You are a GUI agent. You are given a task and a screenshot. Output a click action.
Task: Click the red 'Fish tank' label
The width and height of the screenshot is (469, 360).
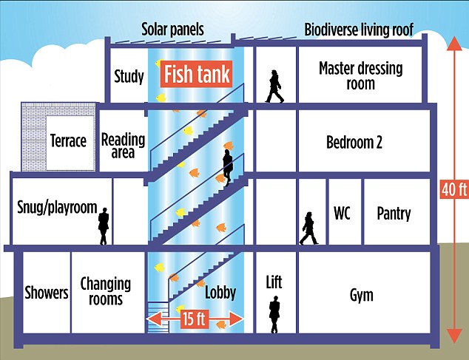[197, 75]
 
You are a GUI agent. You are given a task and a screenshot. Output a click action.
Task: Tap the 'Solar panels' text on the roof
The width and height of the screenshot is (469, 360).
[172, 30]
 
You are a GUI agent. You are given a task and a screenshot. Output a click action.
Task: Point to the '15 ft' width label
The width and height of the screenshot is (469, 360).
[196, 319]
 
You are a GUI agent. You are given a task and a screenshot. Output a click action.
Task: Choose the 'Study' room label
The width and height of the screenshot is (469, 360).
[129, 76]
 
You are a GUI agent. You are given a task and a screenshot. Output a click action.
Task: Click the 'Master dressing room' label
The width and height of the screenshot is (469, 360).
[360, 76]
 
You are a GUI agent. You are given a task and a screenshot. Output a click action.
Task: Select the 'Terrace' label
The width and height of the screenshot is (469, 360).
[68, 141]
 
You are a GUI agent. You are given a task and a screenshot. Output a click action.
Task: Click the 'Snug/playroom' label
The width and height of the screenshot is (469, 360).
[57, 208]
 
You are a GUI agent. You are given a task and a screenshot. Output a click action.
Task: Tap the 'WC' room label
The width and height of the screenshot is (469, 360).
[342, 214]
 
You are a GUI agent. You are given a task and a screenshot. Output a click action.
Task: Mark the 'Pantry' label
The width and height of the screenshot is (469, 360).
[393, 214]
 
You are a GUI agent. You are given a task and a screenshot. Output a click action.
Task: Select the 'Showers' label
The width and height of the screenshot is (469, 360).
[46, 293]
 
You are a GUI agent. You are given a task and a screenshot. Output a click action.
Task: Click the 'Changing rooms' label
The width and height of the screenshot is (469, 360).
[106, 291]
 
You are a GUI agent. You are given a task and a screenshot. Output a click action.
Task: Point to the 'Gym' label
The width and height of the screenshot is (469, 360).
[361, 296]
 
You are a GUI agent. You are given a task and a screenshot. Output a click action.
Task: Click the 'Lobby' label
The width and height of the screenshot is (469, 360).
[220, 293]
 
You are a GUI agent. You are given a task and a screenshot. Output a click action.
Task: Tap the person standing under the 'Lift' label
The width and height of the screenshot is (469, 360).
[274, 316]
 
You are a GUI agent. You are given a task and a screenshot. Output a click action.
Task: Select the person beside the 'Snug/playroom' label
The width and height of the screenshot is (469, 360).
[104, 225]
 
